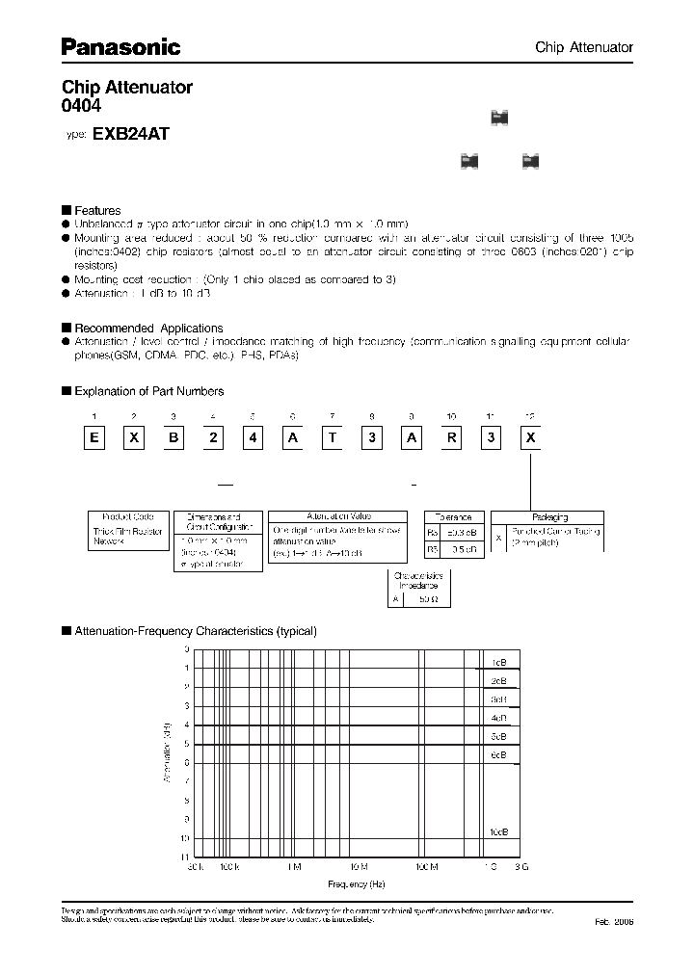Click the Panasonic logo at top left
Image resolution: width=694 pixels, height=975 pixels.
(120, 45)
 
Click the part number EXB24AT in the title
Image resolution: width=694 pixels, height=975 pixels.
(130, 136)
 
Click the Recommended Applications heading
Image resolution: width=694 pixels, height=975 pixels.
(147, 328)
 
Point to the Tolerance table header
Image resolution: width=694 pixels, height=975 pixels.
(452, 517)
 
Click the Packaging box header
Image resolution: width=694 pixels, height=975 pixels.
(548, 517)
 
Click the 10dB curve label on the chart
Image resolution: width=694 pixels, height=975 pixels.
(497, 830)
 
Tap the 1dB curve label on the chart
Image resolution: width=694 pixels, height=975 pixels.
(498, 664)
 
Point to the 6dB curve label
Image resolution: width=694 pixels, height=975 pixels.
(497, 754)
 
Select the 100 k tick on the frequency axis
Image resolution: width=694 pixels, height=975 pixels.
(227, 867)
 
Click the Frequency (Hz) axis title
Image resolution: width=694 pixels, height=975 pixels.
(356, 883)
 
